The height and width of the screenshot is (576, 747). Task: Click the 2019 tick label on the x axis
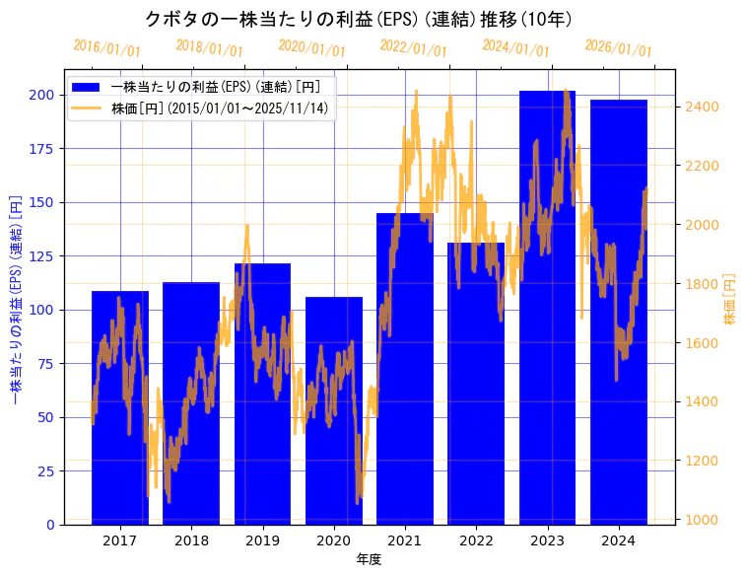coord(262,540)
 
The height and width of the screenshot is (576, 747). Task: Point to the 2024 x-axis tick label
coord(619,540)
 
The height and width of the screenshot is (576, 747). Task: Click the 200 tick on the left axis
coord(41,95)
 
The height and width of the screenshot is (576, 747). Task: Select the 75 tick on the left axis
coord(44,363)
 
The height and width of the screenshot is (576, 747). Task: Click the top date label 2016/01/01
coord(106,48)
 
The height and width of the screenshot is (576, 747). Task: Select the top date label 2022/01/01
coord(413,48)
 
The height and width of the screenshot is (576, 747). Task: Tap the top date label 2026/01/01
coord(618,48)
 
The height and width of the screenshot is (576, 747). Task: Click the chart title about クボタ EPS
coord(359,19)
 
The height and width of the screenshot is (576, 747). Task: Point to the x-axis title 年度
coord(369,559)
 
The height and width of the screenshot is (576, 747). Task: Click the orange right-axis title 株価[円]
coord(730,300)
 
